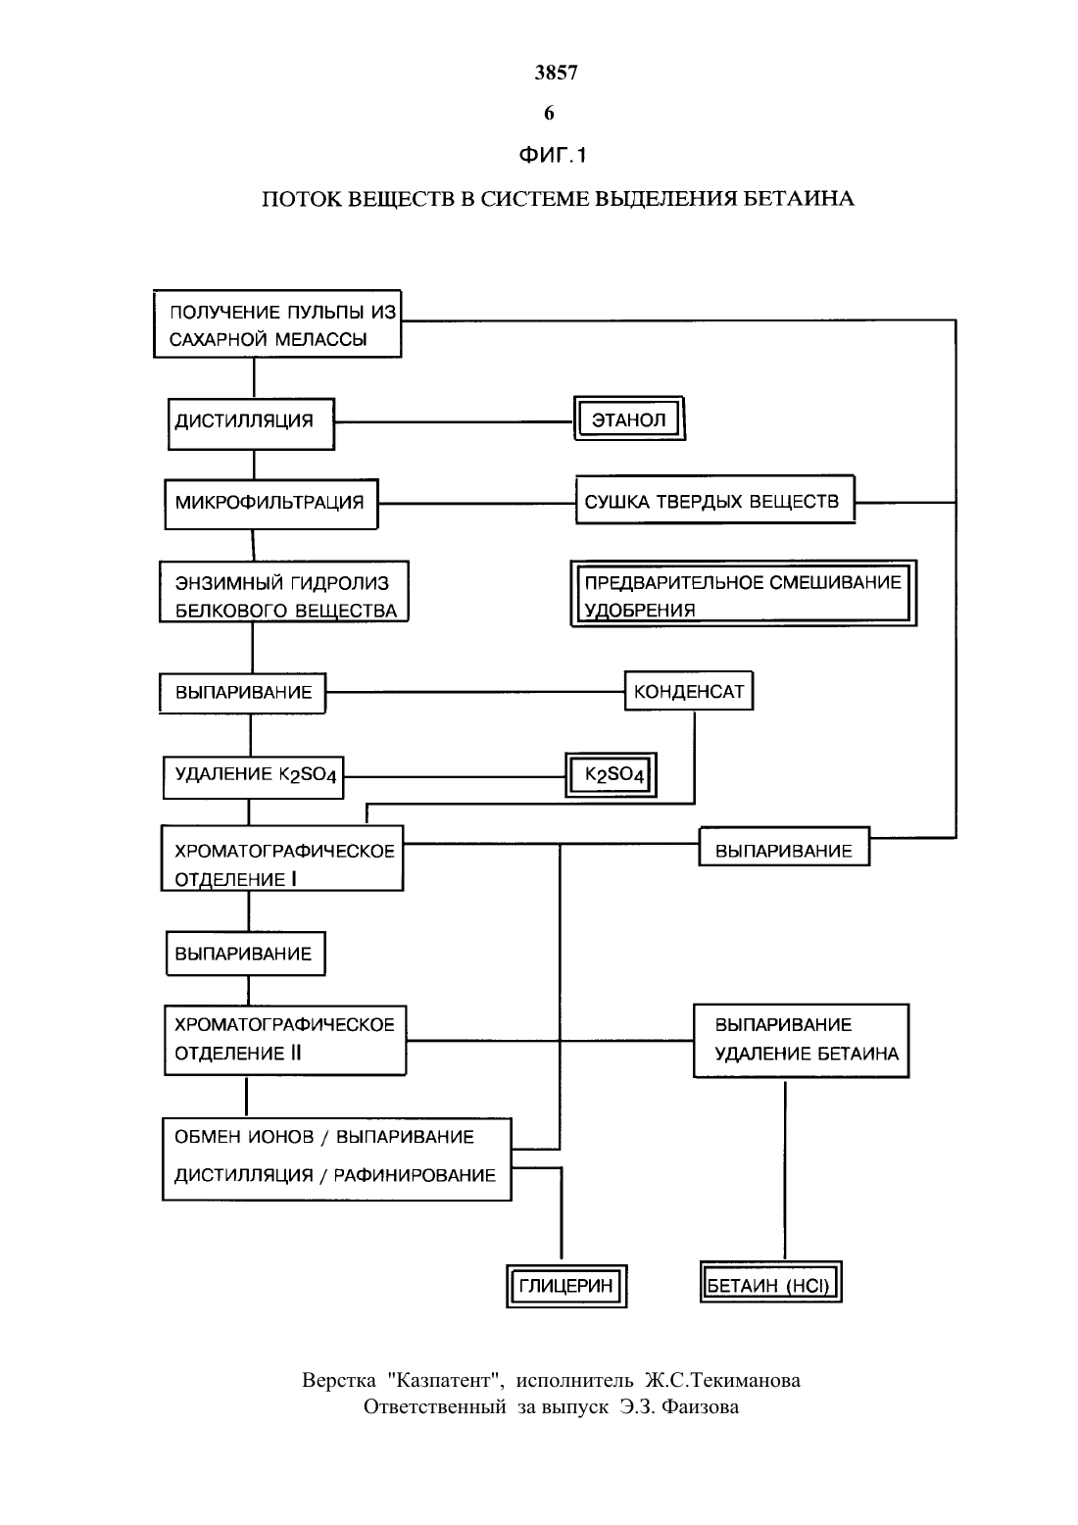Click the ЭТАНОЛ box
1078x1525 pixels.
click(x=629, y=418)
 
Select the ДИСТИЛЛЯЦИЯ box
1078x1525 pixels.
click(x=251, y=423)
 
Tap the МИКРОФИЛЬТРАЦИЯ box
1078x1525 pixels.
click(x=270, y=504)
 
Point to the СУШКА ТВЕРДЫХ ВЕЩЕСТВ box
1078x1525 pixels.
click(x=715, y=500)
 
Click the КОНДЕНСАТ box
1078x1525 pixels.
click(x=689, y=691)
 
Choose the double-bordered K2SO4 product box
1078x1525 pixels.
click(x=612, y=775)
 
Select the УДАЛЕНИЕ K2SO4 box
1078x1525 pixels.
click(x=253, y=777)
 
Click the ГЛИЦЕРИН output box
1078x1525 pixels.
click(x=566, y=1286)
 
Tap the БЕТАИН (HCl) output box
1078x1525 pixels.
click(x=771, y=1283)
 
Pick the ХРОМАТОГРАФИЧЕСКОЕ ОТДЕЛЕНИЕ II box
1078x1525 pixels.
click(x=285, y=1041)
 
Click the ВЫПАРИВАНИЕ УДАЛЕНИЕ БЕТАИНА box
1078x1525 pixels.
click(x=801, y=1041)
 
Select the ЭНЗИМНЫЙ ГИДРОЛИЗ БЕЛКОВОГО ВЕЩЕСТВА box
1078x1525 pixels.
click(x=284, y=592)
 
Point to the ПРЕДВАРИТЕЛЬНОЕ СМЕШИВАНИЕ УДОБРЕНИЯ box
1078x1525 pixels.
click(x=743, y=593)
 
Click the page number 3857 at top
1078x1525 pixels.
click(x=556, y=73)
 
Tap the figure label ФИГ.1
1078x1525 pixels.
click(x=552, y=155)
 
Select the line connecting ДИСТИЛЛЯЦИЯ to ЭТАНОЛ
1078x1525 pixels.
click(x=454, y=422)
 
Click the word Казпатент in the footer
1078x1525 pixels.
click(x=445, y=1380)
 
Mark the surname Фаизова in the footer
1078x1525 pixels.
click(x=700, y=1406)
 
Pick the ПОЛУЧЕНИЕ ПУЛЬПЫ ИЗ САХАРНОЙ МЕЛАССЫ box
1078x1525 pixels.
click(x=277, y=324)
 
